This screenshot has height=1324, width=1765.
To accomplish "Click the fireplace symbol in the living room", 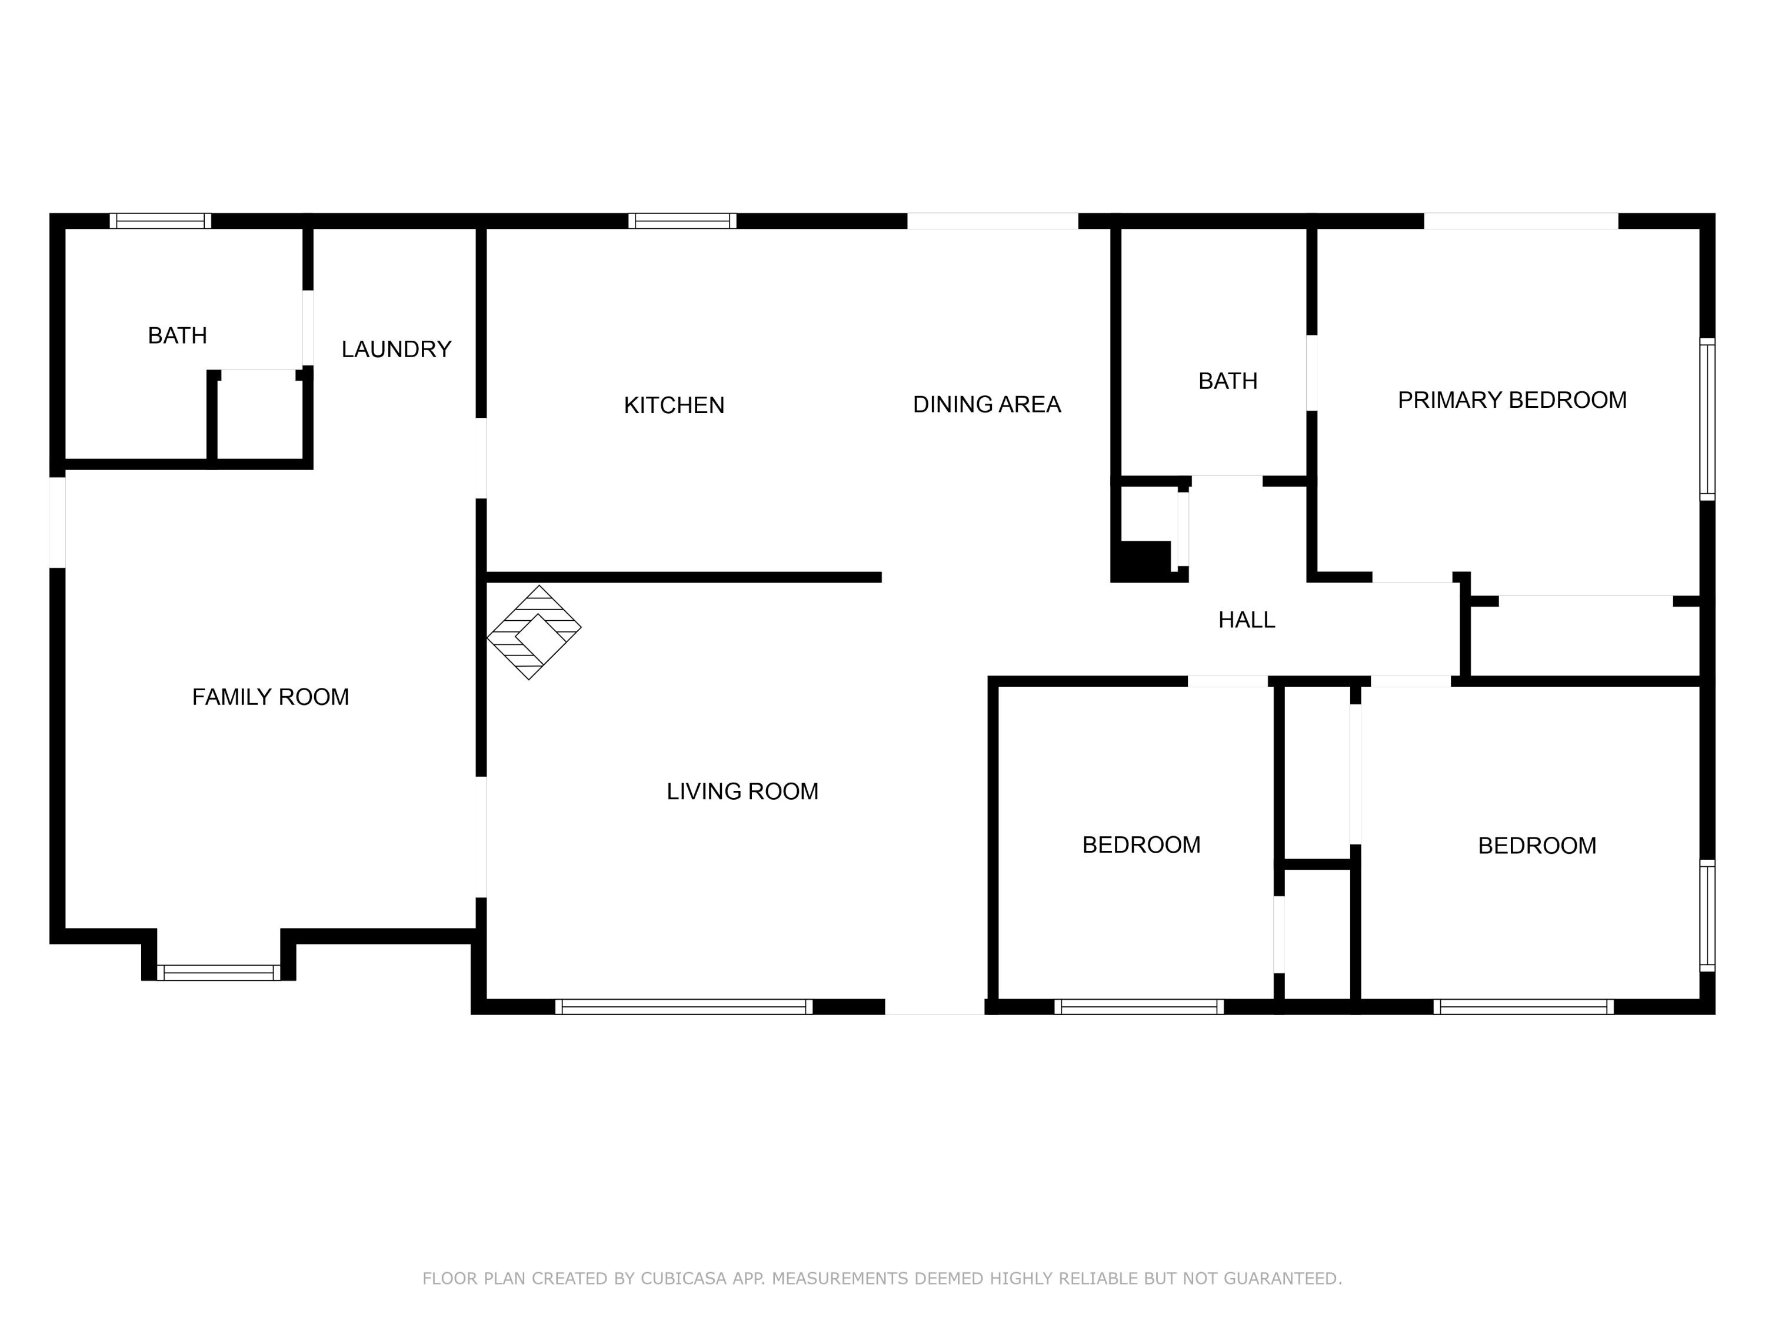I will pos(534,632).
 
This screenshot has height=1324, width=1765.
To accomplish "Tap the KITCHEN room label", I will pos(674,405).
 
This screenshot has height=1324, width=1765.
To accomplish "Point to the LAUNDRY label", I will pos(396,349).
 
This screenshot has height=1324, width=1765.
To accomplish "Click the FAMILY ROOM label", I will pos(271,697).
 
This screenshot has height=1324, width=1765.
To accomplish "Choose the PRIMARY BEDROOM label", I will pos(1511,400).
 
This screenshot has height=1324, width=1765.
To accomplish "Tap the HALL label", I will pos(1246,619).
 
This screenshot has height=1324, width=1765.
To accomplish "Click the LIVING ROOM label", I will pos(742,791).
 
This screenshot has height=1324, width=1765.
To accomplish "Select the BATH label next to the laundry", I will pos(177,335).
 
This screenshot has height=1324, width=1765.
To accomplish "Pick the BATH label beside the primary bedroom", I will pos(1227,381).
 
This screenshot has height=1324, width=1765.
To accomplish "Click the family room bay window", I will pos(219,972).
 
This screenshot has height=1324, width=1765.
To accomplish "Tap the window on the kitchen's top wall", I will pos(682,221).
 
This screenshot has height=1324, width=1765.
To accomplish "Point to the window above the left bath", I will pos(161,221).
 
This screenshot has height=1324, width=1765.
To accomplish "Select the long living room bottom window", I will pos(684,1006).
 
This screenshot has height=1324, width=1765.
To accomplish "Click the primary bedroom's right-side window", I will pos(1707,419).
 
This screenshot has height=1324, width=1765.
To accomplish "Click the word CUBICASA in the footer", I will pos(683,1279).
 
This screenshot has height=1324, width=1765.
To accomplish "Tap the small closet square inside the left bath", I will pos(258,415).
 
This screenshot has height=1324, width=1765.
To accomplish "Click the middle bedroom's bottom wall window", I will pos(1138,1006).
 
